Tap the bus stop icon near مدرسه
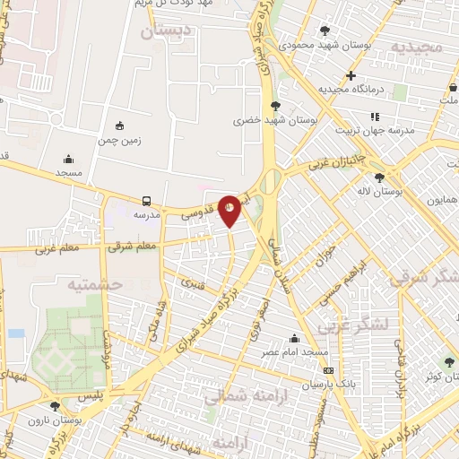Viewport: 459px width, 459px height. coord(145,201)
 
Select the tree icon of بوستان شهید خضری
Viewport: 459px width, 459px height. coord(275,106)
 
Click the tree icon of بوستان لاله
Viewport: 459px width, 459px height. coord(380,178)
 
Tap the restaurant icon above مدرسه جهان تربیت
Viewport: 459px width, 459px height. coord(375,117)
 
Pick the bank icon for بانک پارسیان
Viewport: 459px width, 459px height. coord(328,369)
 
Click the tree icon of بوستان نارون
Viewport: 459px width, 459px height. coord(55,406)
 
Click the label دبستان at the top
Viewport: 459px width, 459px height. coord(167,31)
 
